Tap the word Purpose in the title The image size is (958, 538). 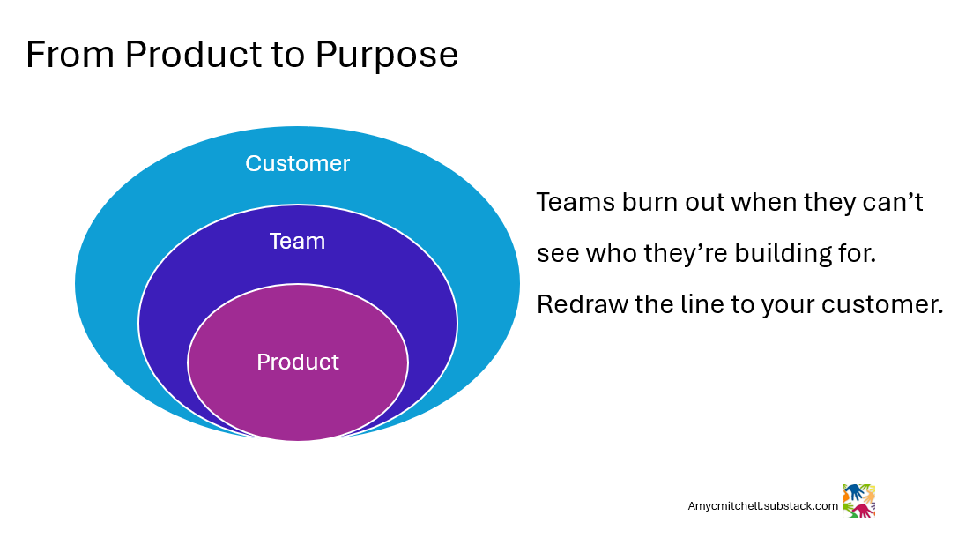click(386, 55)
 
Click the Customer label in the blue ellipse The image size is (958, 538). click(297, 164)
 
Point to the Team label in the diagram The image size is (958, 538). click(297, 242)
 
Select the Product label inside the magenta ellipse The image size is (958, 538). click(297, 362)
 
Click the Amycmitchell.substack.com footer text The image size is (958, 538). click(762, 506)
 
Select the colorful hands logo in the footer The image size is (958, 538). click(858, 500)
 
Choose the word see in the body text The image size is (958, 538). click(553, 254)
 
